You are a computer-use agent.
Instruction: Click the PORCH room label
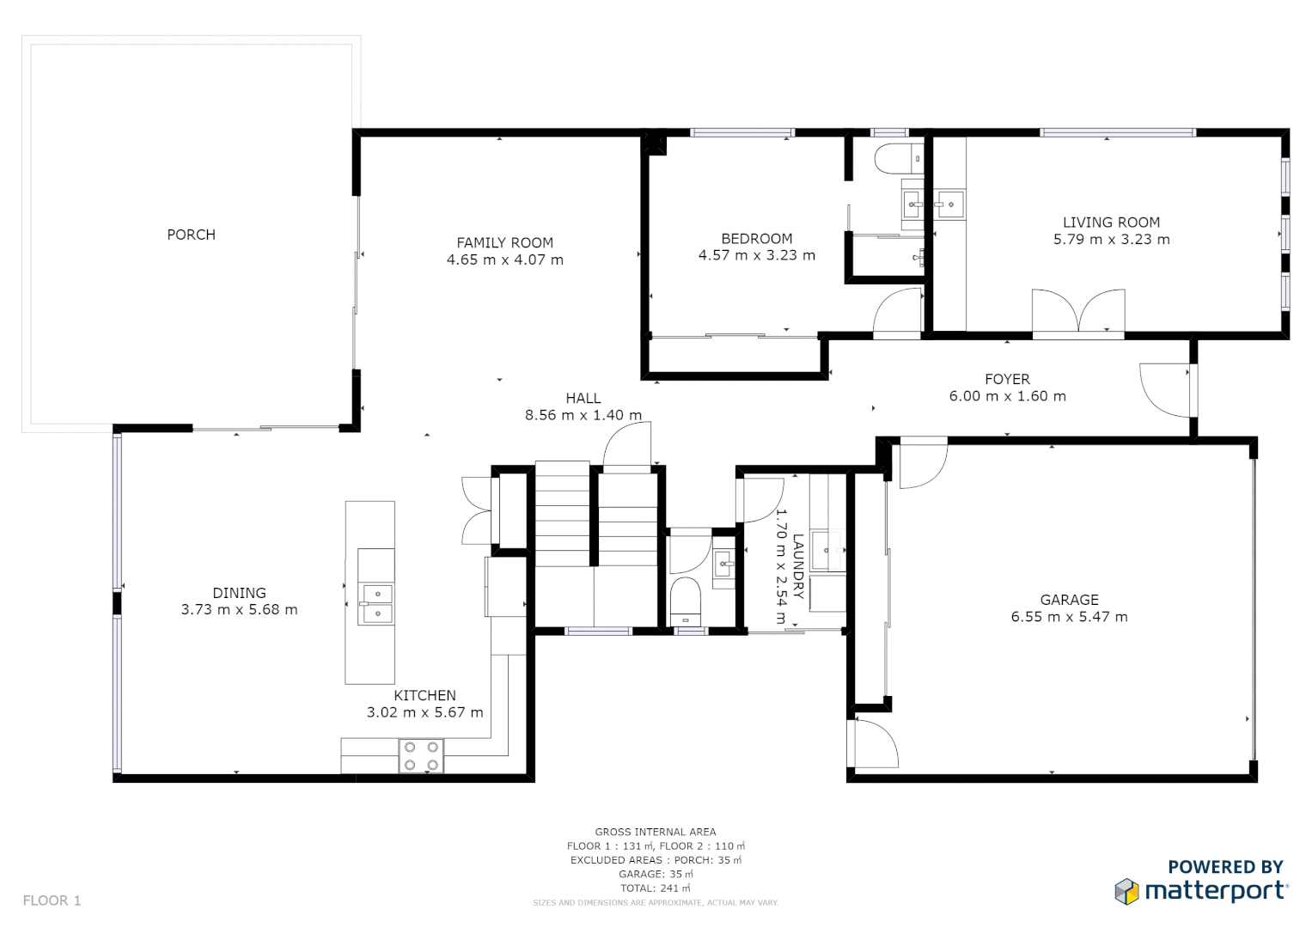191,235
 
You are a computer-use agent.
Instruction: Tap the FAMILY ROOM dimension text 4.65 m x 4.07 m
505,259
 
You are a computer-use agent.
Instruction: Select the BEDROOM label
756,238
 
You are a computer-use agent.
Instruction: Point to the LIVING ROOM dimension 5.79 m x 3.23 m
1111,240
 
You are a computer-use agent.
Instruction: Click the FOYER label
1007,379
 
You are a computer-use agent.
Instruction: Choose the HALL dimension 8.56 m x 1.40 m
583,415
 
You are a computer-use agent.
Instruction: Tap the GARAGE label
1069,600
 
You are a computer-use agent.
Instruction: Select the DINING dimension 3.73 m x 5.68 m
239,610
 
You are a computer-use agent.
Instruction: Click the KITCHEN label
424,695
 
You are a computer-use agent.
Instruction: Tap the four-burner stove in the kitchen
421,756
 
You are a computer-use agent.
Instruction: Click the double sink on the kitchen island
376,603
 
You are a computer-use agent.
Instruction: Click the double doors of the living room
1078,311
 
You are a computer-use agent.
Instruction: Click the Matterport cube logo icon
1126,891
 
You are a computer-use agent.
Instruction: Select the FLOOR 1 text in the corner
52,901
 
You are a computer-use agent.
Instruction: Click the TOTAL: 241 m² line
655,888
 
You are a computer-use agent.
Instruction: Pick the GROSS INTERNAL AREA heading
655,832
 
